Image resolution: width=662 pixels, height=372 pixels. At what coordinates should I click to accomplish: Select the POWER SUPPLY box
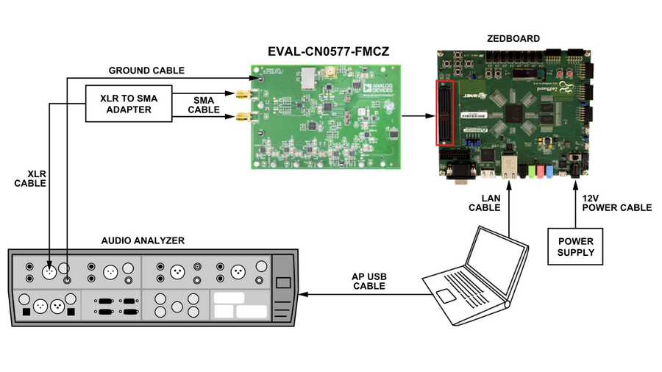(x=575, y=246)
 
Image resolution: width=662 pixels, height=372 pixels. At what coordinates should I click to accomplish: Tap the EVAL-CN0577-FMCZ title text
(x=327, y=51)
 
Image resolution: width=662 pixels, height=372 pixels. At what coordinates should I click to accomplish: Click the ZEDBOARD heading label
(x=513, y=38)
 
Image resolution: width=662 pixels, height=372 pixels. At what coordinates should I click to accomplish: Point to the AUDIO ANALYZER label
(x=143, y=240)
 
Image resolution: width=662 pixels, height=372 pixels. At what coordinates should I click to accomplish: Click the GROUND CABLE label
(x=146, y=71)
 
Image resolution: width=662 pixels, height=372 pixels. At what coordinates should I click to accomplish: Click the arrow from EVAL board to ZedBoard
(x=419, y=115)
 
